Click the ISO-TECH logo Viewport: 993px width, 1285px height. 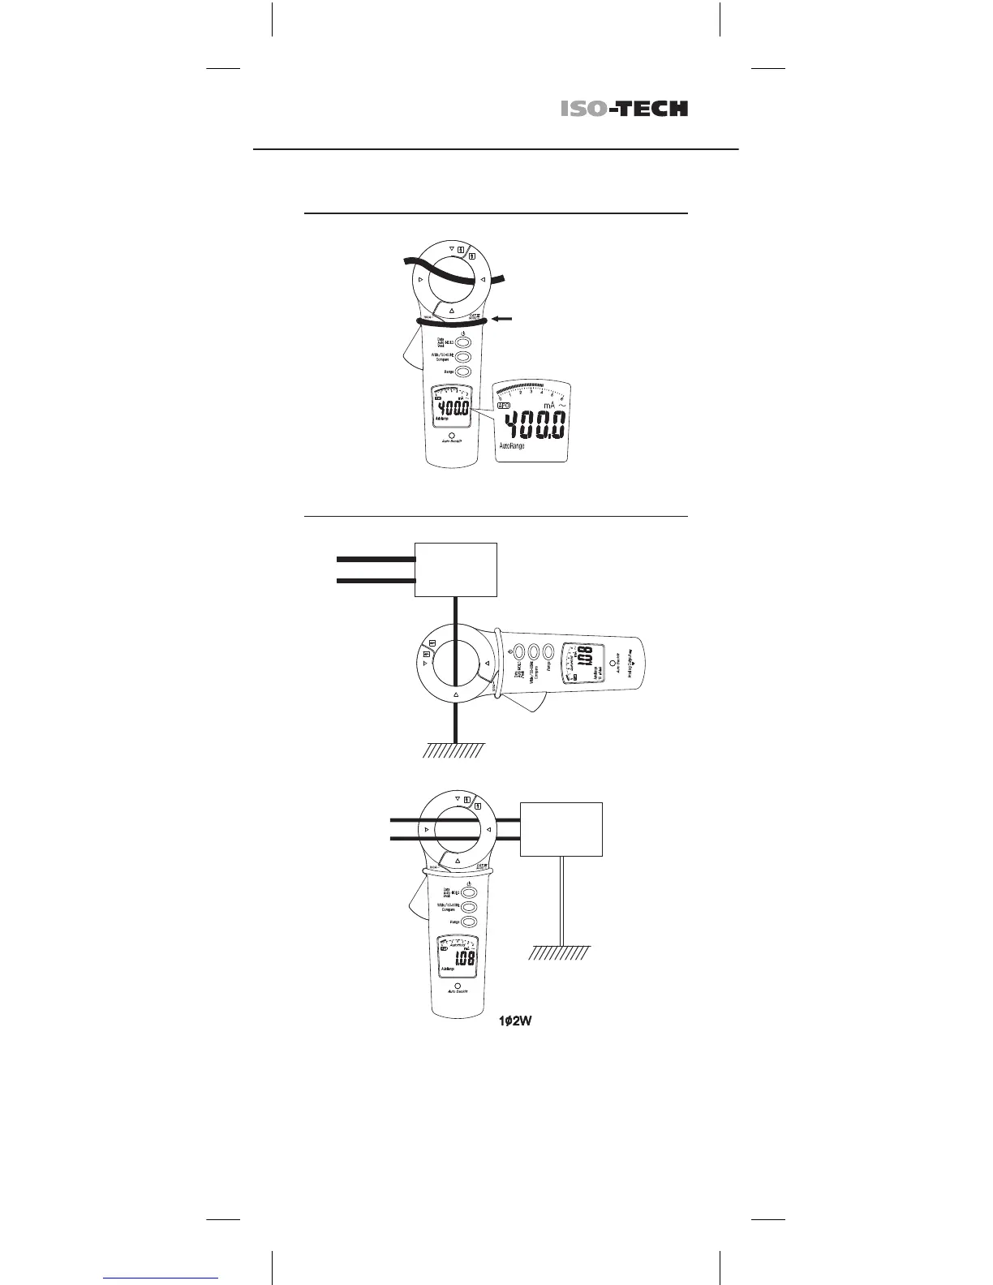coord(624,109)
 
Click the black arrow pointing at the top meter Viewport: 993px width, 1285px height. coord(502,320)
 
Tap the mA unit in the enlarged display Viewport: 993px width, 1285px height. coord(549,405)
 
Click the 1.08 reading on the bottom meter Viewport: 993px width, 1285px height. coord(463,959)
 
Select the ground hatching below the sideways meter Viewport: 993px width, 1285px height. coord(454,750)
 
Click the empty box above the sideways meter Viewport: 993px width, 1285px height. coord(455,569)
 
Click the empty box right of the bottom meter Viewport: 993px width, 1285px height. coord(561,829)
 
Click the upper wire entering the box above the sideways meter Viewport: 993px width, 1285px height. coord(375,559)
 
